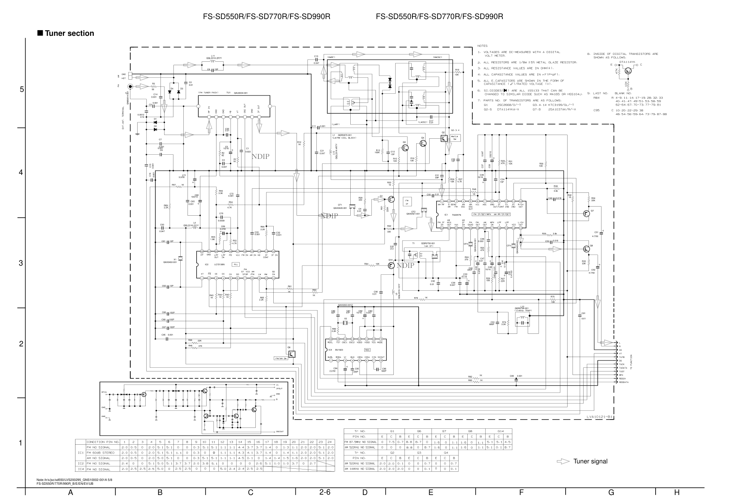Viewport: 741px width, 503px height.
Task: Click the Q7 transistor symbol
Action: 586,213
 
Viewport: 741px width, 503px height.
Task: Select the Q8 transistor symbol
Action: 586,249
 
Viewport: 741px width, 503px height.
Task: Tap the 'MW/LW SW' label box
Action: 454,138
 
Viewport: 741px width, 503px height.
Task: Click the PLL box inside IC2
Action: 236,264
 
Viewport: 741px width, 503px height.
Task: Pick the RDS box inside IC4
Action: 367,350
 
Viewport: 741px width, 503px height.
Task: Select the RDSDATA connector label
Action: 624,382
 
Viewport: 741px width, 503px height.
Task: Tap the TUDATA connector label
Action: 623,368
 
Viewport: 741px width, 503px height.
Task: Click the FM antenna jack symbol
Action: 130,87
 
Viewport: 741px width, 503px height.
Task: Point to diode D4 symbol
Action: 170,92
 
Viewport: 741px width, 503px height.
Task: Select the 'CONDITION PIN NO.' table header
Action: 103,442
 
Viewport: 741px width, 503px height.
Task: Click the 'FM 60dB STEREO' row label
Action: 98,453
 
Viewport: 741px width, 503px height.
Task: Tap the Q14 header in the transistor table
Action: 500,431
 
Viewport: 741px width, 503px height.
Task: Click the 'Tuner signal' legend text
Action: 590,461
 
